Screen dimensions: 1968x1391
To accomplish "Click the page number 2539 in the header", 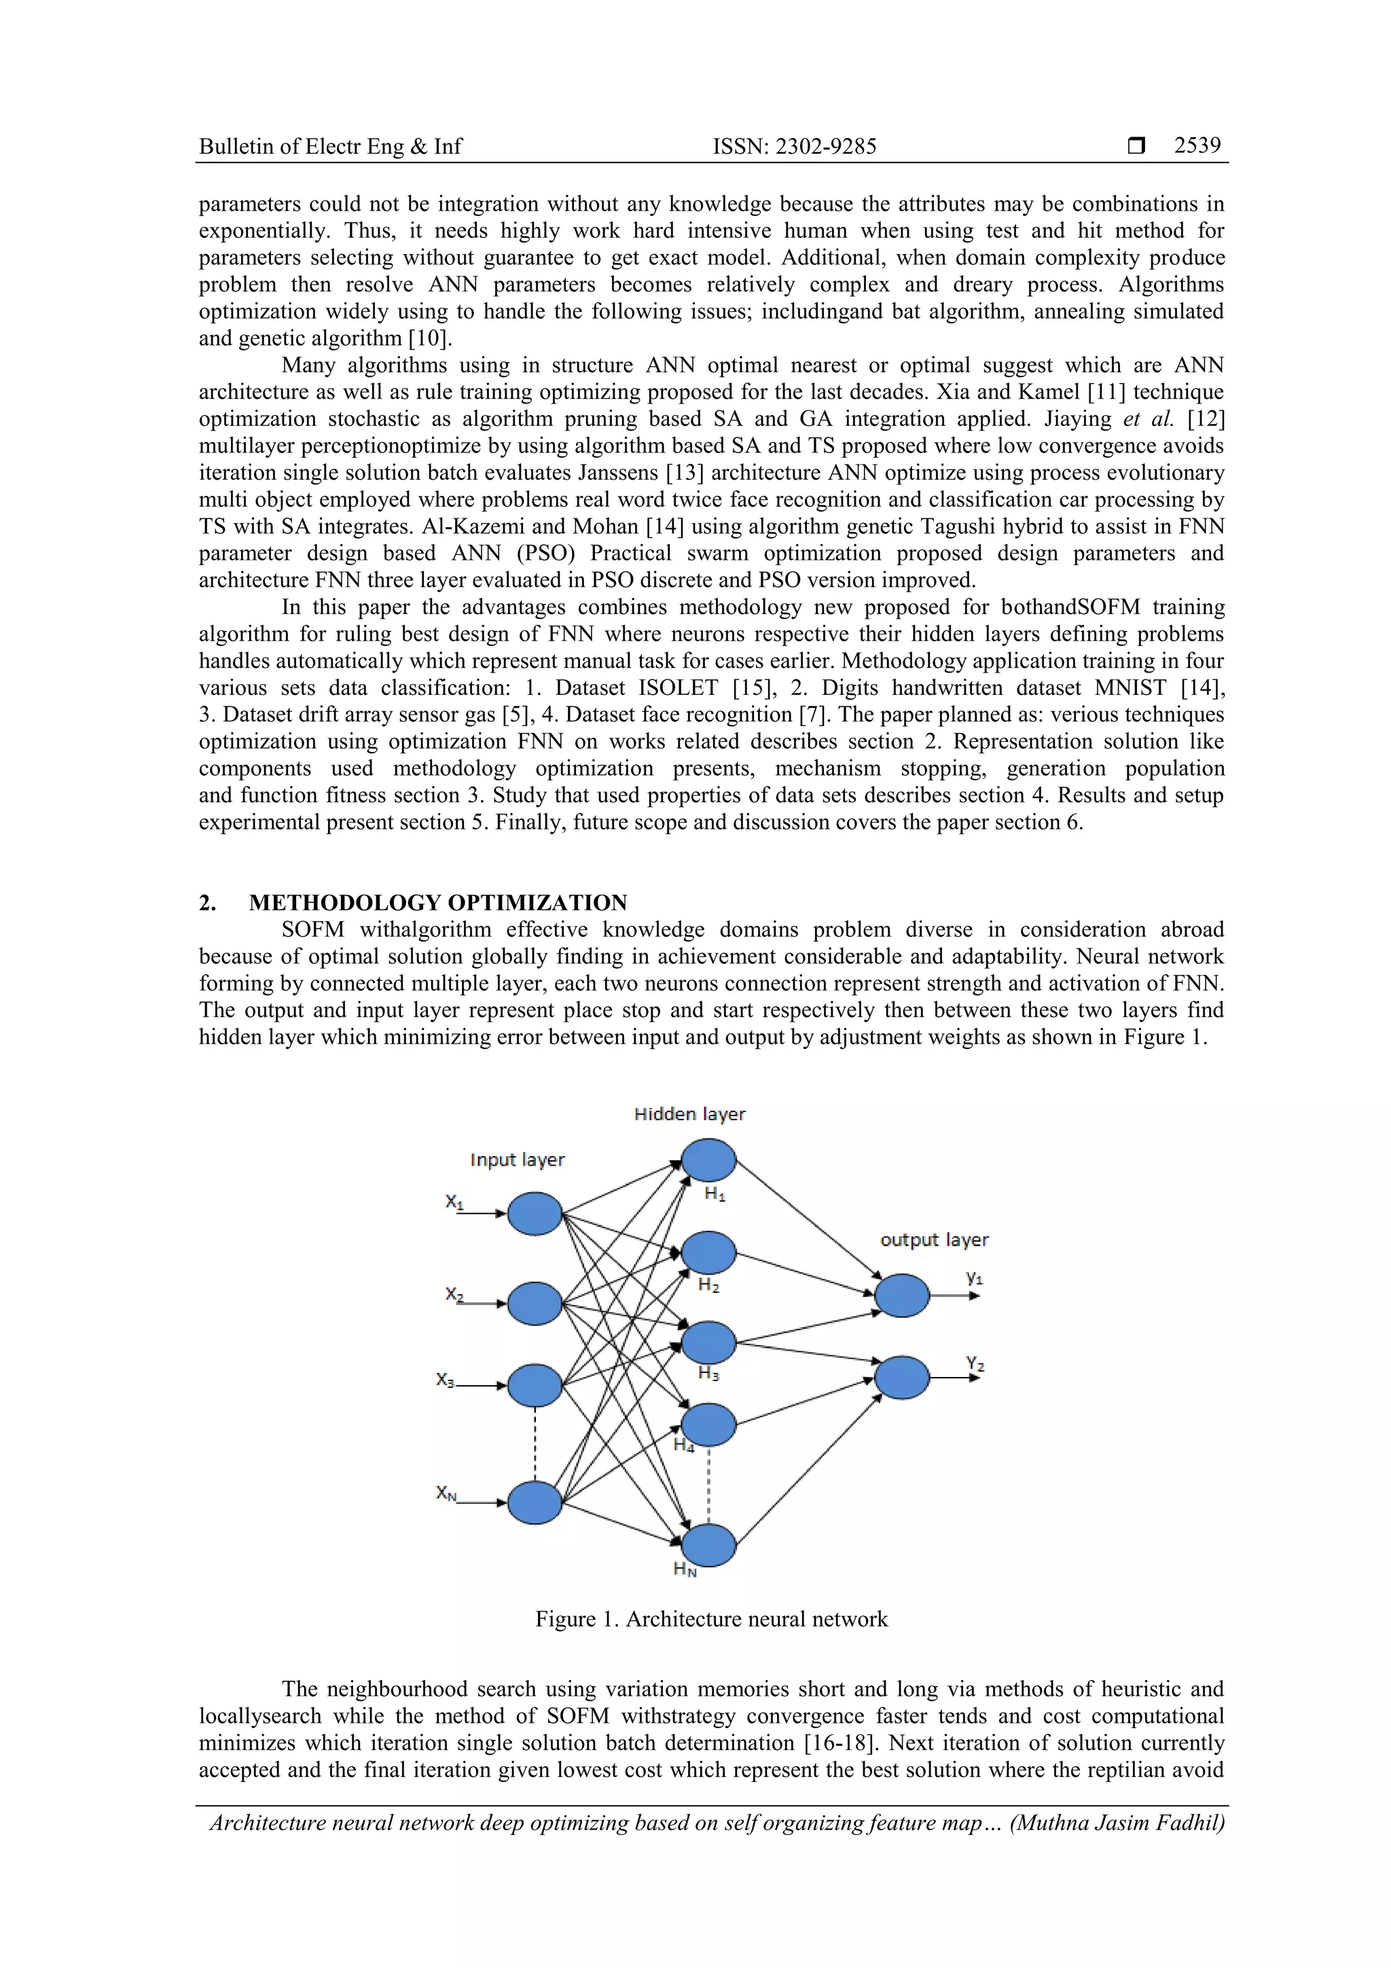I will [x=1197, y=145].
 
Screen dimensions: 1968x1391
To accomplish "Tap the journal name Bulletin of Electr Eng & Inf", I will [x=330, y=147].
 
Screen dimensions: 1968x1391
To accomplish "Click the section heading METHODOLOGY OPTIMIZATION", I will [x=437, y=903].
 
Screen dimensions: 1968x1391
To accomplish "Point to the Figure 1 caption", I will [x=710, y=1619].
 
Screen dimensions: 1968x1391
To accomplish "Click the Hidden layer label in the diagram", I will [x=689, y=1114].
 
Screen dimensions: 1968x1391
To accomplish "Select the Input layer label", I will [x=517, y=1160].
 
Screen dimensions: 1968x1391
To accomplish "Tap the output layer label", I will [x=933, y=1240].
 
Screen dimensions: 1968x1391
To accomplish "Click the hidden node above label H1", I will [x=708, y=1160].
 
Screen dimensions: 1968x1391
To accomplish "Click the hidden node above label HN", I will [x=708, y=1545].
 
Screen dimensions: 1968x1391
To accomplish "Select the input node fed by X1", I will [x=535, y=1214].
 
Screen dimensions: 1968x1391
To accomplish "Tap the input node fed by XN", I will [x=535, y=1503].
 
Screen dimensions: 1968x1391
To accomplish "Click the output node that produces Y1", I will [x=901, y=1295].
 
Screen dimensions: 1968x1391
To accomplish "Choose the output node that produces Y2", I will [x=901, y=1378].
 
